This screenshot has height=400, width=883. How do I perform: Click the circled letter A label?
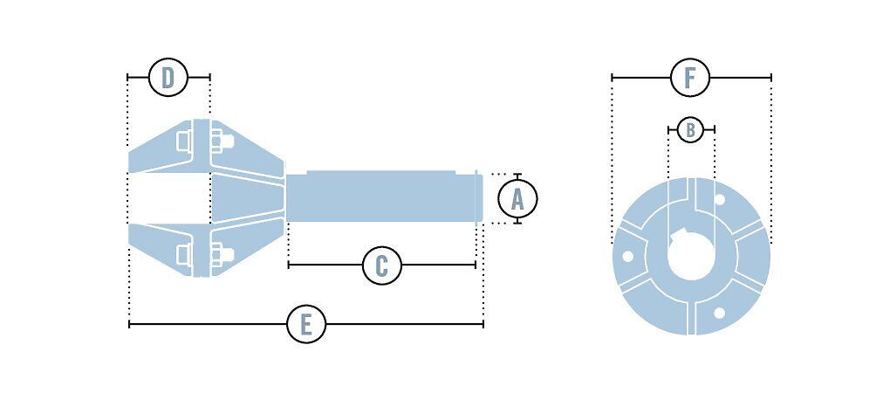point(517,199)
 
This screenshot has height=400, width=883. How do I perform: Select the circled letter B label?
point(690,129)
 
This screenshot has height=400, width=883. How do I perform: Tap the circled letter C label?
point(381,265)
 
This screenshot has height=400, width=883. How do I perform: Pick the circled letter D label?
point(168,78)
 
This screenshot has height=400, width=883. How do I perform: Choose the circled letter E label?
point(305,325)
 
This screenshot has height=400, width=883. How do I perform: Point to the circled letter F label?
point(690,78)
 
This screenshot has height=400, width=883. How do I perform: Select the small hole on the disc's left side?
point(626,256)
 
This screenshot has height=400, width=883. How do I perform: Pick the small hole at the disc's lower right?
point(719,312)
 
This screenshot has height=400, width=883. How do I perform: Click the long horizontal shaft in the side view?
point(384,197)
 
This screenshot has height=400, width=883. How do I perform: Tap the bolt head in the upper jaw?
point(225,140)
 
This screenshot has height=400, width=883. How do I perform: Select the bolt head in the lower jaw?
point(225,254)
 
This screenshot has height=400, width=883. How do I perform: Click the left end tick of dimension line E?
point(129,325)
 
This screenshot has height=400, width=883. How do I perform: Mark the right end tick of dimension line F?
point(771,78)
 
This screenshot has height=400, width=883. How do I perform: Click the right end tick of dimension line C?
point(476,265)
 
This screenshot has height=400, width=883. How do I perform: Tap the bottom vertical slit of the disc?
point(692,318)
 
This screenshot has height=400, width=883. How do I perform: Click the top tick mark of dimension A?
point(517,175)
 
